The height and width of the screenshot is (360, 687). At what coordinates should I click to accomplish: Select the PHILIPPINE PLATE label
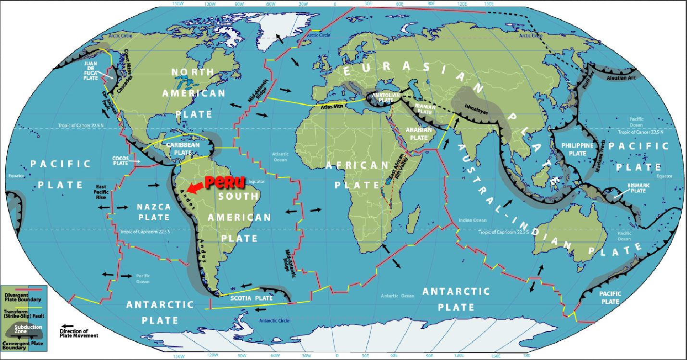point(577,149)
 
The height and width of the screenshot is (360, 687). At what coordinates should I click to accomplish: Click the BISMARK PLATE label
point(638,188)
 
